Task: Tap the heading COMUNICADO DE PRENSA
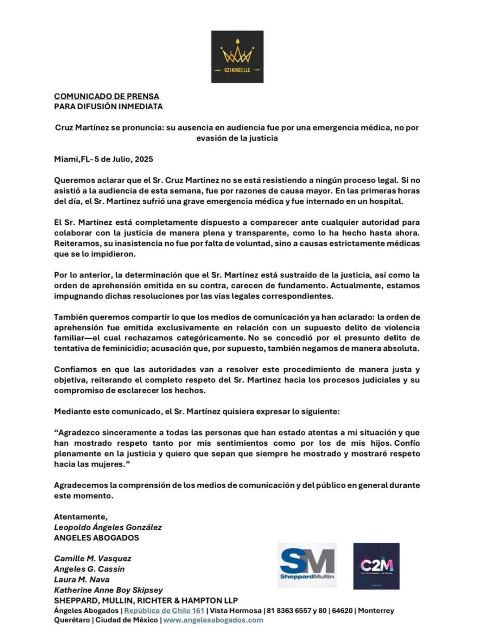coord(107,96)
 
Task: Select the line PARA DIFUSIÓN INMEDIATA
coord(108,106)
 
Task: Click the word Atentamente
coord(81,517)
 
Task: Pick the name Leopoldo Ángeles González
coord(108,527)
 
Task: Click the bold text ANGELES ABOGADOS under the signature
coord(96,537)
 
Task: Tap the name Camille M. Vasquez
coord(93,559)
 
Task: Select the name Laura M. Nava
coord(82,579)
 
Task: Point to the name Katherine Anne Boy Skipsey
coord(108,590)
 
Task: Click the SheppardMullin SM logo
coord(307,565)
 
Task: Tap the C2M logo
coord(376,566)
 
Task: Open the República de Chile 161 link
coord(164,611)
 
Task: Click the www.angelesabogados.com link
coord(213,620)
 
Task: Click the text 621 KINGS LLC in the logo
coord(237,70)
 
